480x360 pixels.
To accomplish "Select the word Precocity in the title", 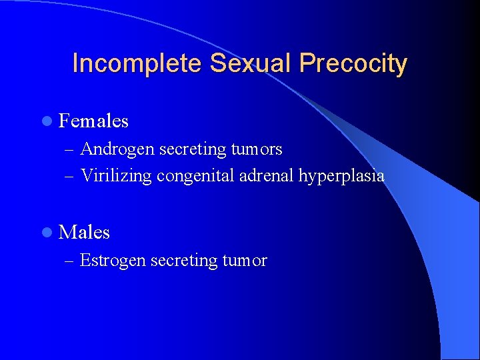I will (x=353, y=63).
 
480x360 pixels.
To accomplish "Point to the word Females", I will (x=93, y=121).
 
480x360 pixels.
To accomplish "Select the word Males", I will (x=84, y=233).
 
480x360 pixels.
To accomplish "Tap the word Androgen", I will (x=117, y=149).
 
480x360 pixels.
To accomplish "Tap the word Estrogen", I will (x=113, y=261).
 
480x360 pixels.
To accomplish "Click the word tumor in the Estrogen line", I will (x=244, y=261).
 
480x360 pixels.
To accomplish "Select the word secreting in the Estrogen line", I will (x=183, y=261).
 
